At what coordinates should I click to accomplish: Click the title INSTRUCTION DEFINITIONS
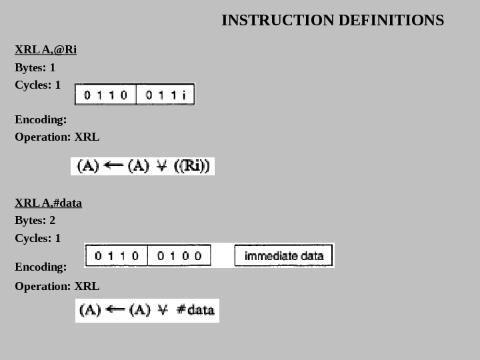[332, 21]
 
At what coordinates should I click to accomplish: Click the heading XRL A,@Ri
[45, 50]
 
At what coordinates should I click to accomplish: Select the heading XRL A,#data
[48, 203]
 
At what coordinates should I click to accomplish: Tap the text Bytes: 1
[35, 68]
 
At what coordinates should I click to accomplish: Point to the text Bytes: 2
[35, 221]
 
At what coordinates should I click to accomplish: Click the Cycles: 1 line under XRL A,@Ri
[37, 85]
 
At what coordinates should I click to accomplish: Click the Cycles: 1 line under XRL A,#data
[37, 239]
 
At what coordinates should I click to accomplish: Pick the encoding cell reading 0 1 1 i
[165, 95]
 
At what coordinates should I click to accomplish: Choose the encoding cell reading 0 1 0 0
[179, 255]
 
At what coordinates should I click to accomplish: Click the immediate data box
[283, 255]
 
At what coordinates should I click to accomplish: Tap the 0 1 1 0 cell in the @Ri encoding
[105, 95]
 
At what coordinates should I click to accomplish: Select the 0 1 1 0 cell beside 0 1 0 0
[117, 255]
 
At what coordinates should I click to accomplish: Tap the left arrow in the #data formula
[115, 310]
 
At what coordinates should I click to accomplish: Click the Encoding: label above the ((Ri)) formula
[40, 120]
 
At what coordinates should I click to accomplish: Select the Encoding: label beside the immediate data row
[40, 267]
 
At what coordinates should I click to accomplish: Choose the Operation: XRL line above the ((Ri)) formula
[57, 137]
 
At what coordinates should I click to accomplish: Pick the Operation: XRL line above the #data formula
[57, 287]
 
